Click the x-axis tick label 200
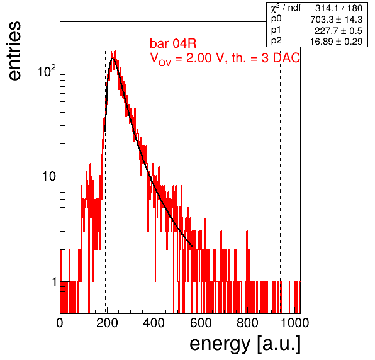coord(107,323)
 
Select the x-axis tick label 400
coord(154,323)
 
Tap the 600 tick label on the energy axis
coord(201,323)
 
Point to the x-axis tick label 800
coord(247,323)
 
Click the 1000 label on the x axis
coord(294,323)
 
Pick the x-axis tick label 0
coord(60,323)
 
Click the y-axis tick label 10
coord(49,176)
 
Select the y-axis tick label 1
coord(54,282)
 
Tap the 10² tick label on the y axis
coord(47,70)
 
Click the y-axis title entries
coord(15,51)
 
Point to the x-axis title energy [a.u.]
coord(245,344)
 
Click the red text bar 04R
coord(173,43)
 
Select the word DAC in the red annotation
coord(286,58)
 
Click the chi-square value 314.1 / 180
coord(339,8)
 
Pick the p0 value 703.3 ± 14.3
coord(336,20)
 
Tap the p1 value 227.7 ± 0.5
coord(339,31)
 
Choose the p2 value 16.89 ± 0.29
coord(336,42)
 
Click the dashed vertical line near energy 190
coord(106,182)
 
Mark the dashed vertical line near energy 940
coord(281,182)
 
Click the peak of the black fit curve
coord(113,58)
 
